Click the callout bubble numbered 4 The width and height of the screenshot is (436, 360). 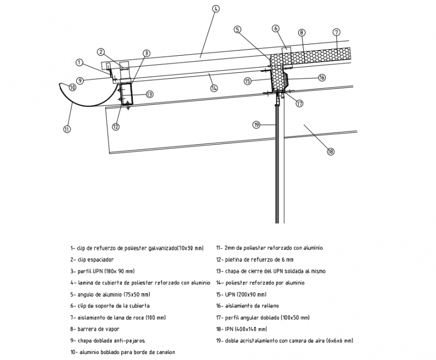tap(215, 9)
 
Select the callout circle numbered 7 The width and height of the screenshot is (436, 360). tap(336, 32)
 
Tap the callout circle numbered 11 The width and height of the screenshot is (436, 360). tap(67, 129)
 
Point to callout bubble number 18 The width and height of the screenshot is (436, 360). tap(330, 151)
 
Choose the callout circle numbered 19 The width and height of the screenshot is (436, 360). tap(256, 125)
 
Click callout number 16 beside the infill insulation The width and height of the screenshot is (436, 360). tap(322, 77)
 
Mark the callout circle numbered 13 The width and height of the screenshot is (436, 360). tap(149, 94)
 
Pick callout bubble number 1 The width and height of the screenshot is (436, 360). tap(79, 63)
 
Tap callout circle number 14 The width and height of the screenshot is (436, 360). tap(214, 88)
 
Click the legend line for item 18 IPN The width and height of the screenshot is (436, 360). tap(242, 329)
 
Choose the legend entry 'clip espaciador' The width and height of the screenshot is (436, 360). tap(92, 260)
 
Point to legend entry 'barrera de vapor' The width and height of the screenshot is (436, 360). tap(99, 329)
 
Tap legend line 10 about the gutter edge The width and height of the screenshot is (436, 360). tap(122, 352)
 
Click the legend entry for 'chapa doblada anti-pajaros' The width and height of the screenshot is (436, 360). tap(108, 340)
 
